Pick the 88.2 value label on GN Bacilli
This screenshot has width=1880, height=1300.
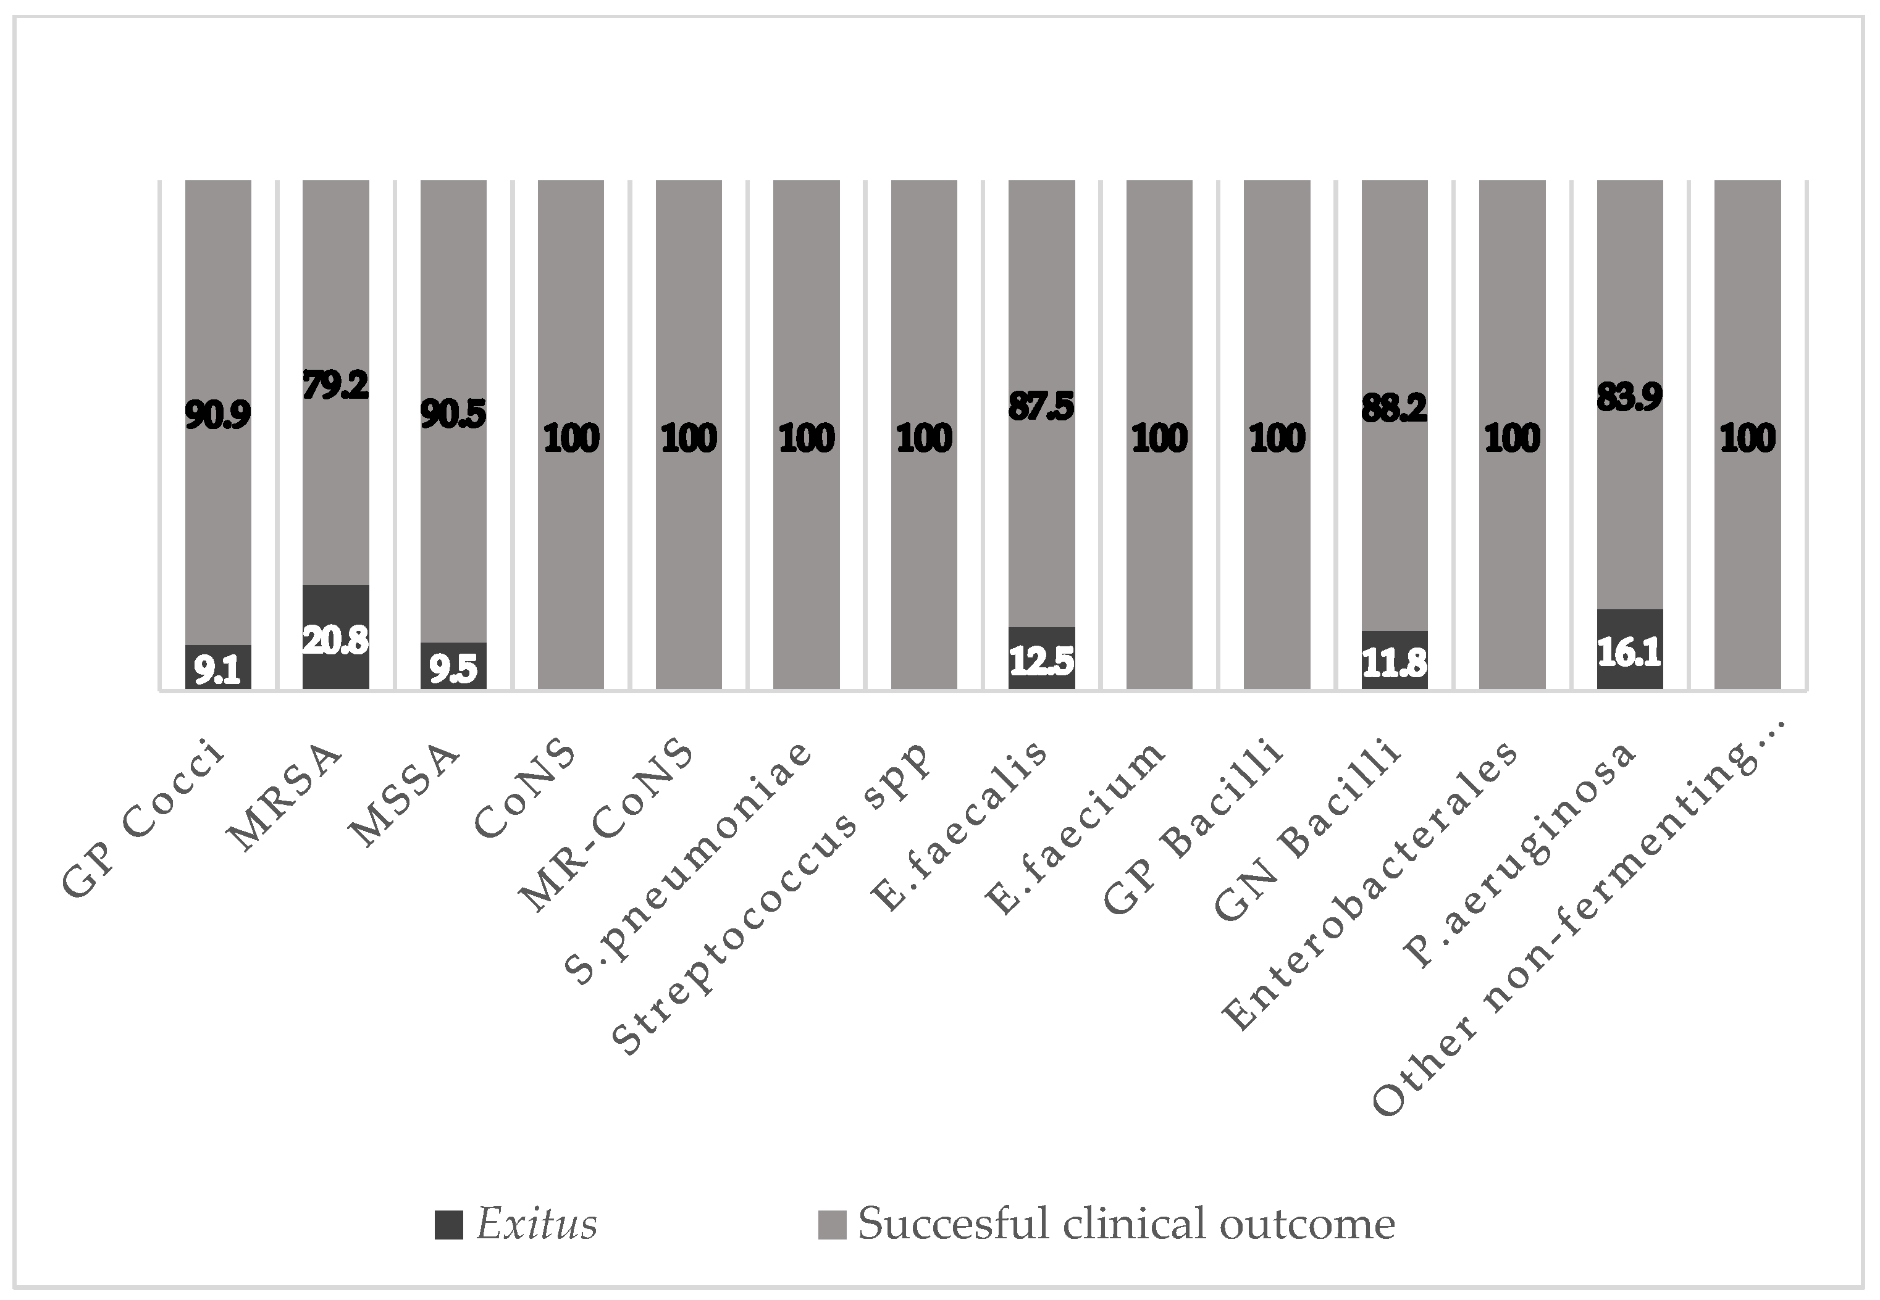(1395, 408)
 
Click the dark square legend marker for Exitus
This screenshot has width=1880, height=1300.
(449, 1224)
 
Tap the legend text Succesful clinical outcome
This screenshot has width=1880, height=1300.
(1126, 1224)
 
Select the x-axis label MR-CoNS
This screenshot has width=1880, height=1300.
(607, 827)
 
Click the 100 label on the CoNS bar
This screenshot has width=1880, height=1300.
(571, 439)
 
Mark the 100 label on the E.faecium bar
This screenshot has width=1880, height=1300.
(1160, 439)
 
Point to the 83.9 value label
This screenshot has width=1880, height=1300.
(1629, 398)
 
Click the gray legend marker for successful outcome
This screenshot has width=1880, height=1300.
(832, 1224)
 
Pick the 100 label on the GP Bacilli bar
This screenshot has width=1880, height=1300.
(1277, 439)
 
